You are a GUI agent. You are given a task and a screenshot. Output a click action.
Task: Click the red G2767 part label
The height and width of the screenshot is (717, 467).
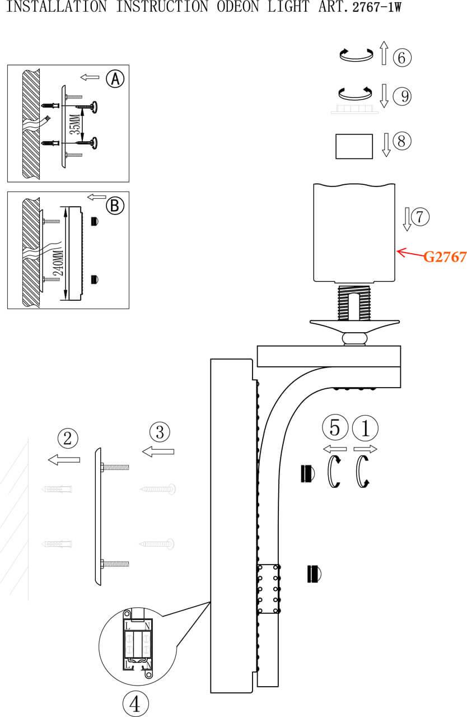445,257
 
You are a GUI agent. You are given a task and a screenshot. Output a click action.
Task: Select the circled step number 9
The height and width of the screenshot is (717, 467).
402,96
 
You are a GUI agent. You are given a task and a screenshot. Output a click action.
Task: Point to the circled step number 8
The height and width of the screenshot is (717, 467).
402,141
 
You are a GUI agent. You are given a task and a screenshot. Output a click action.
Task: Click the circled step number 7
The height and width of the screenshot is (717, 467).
420,216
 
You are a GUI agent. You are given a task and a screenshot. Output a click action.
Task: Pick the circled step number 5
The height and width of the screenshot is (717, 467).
335,429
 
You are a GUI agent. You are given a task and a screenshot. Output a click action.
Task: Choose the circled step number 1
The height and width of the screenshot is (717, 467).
365,429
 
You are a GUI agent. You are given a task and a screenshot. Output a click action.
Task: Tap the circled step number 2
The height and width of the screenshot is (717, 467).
67,438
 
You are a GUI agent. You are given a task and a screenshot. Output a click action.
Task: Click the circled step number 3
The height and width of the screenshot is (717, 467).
160,432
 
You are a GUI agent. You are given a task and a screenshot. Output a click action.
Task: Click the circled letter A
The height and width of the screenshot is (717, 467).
115,79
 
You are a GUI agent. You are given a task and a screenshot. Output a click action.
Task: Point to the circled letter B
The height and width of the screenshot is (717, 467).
115,206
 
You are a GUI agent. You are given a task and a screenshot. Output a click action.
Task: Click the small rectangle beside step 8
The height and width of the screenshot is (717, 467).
354,147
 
